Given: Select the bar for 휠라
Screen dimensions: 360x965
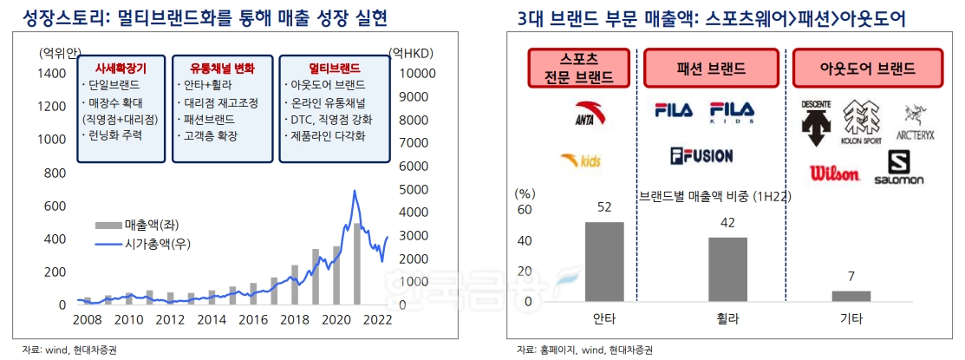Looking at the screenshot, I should point(727,269).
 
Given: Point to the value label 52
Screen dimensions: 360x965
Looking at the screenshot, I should point(604,206).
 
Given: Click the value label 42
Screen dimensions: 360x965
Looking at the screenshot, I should point(727,223).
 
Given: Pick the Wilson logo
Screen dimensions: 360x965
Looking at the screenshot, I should point(834,173).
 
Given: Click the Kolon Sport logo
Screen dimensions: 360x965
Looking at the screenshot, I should point(861,122).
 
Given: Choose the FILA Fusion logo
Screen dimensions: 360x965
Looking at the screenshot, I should point(701,156).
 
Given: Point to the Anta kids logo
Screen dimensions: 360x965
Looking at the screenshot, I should point(578,160).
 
